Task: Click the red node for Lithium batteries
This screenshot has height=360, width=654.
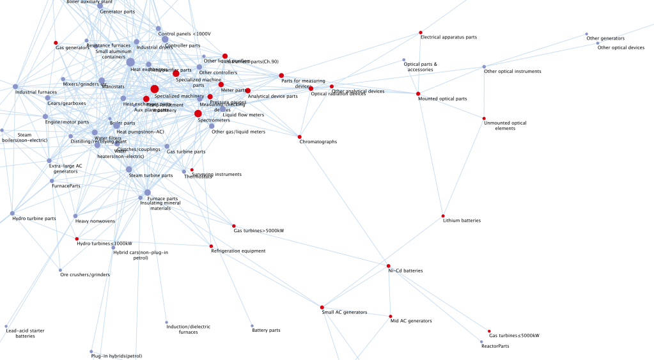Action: click(x=443, y=215)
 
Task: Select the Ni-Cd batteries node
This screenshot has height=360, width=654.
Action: click(x=388, y=265)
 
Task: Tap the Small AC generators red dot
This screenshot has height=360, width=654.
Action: click(x=322, y=308)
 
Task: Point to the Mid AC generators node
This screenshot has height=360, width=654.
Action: click(x=391, y=316)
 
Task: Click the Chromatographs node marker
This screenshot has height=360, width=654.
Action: click(x=299, y=136)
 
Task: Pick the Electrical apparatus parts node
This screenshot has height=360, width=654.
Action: click(x=421, y=32)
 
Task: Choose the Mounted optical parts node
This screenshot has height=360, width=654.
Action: click(x=418, y=94)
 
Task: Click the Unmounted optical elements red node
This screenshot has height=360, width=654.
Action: click(x=484, y=118)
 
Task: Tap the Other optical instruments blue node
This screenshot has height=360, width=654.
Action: click(x=484, y=67)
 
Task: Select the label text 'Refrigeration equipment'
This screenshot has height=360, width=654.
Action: click(x=238, y=251)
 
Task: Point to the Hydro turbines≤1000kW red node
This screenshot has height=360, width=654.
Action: click(x=77, y=239)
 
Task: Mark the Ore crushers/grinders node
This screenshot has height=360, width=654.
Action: click(x=60, y=270)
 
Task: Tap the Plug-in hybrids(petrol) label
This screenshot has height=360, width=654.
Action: click(x=116, y=356)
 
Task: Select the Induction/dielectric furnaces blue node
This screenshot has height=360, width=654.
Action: click(x=166, y=322)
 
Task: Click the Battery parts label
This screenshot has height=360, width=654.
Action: click(x=266, y=331)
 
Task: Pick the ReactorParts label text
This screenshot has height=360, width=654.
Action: click(x=495, y=346)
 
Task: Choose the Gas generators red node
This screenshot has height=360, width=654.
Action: click(x=56, y=42)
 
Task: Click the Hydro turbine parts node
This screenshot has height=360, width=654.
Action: click(x=12, y=213)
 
